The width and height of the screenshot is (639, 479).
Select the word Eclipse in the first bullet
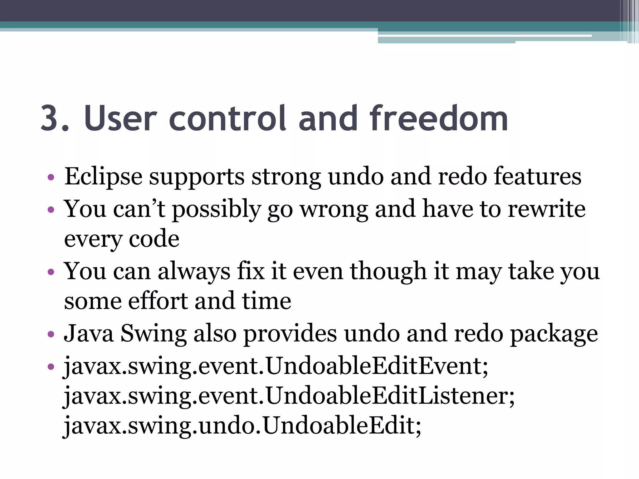tap(103, 177)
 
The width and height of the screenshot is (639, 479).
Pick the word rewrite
tap(546, 209)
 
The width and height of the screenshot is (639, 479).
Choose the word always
tap(194, 271)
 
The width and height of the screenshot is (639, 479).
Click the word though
tap(388, 271)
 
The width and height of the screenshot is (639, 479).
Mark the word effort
tap(158, 301)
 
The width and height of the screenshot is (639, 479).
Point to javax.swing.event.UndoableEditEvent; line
tap(276, 366)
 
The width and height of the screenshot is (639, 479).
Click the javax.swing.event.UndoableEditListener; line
tap(289, 396)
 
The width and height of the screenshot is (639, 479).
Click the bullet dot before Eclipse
tap(51, 178)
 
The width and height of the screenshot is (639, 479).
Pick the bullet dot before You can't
tap(51, 210)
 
